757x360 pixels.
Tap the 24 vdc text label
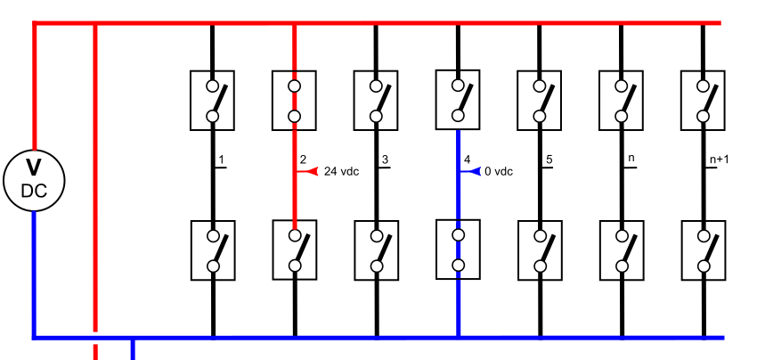tap(341, 171)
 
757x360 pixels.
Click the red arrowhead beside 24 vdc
tap(311, 171)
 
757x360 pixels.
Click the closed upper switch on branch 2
tap(294, 101)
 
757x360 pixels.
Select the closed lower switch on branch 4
tap(459, 250)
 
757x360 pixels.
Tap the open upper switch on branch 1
tap(212, 101)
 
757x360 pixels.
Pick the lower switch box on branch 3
tap(376, 250)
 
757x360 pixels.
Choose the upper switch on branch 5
tap(540, 101)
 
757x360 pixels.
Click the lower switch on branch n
tap(622, 250)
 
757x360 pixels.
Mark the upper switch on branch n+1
tap(703, 101)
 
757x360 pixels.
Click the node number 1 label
tap(221, 160)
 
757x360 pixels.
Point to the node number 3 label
tap(385, 160)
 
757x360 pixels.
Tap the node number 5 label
tap(549, 160)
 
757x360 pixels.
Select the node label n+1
tap(718, 160)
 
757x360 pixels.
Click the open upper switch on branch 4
tap(459, 100)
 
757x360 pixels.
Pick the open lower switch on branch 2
tap(294, 250)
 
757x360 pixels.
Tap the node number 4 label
tap(467, 160)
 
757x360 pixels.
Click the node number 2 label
tap(303, 160)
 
